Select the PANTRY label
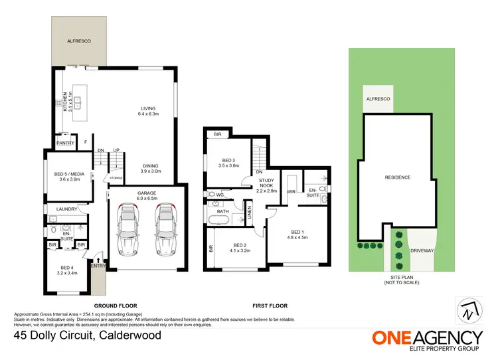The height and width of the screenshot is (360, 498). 65,143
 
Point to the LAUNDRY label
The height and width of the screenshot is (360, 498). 67,209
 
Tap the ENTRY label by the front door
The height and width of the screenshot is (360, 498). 98,266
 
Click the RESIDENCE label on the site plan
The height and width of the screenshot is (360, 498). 398,177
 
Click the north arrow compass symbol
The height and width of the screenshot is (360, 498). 467,310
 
